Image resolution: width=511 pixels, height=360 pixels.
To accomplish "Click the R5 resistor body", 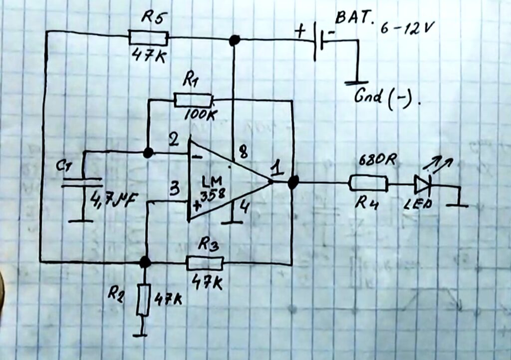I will click(148, 37).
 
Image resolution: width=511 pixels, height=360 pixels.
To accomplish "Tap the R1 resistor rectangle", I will click(194, 100).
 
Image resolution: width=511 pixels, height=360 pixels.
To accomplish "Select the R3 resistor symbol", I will click(205, 262).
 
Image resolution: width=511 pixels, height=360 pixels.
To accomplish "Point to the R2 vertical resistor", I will click(143, 300).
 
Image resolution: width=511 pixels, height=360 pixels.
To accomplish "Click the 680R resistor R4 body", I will click(368, 183).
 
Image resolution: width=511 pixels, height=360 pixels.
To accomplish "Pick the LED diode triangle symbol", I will click(422, 185).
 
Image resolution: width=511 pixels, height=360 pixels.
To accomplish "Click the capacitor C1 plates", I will click(82, 182).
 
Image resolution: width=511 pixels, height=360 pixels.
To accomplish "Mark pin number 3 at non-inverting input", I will click(174, 189).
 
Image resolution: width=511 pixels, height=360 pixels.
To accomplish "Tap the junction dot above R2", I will click(145, 262).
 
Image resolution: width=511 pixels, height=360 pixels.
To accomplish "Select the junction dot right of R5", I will click(234, 40).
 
